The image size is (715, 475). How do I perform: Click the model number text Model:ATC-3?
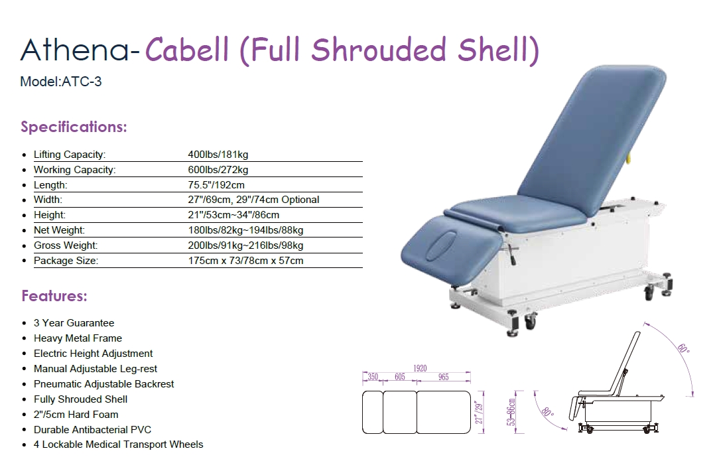coord(60,82)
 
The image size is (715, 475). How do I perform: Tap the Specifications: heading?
coord(74,127)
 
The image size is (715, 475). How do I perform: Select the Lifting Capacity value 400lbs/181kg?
coord(218,155)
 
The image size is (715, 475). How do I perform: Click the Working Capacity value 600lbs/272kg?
coord(218,170)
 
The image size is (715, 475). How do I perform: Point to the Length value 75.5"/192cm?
coord(216,185)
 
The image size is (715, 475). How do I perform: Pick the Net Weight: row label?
coord(59,230)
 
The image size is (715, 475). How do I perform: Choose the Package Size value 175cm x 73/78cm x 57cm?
coord(246,261)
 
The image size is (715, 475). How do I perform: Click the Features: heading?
coord(54,296)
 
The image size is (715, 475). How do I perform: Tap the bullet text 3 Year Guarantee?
coord(74,323)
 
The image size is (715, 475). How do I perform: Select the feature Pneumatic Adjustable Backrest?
coord(104,384)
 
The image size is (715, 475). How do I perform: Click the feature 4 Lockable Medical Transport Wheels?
coord(119,444)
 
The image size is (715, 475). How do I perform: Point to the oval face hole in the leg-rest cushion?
coord(442,246)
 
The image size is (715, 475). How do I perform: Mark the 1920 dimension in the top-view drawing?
coord(420,368)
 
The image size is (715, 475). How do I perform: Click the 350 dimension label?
coord(373,377)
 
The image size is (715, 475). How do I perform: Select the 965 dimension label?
coord(443,377)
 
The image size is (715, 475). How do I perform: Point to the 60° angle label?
coord(683,348)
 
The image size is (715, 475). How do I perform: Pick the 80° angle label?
coord(547,411)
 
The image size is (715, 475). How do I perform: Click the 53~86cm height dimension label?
coord(511,412)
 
